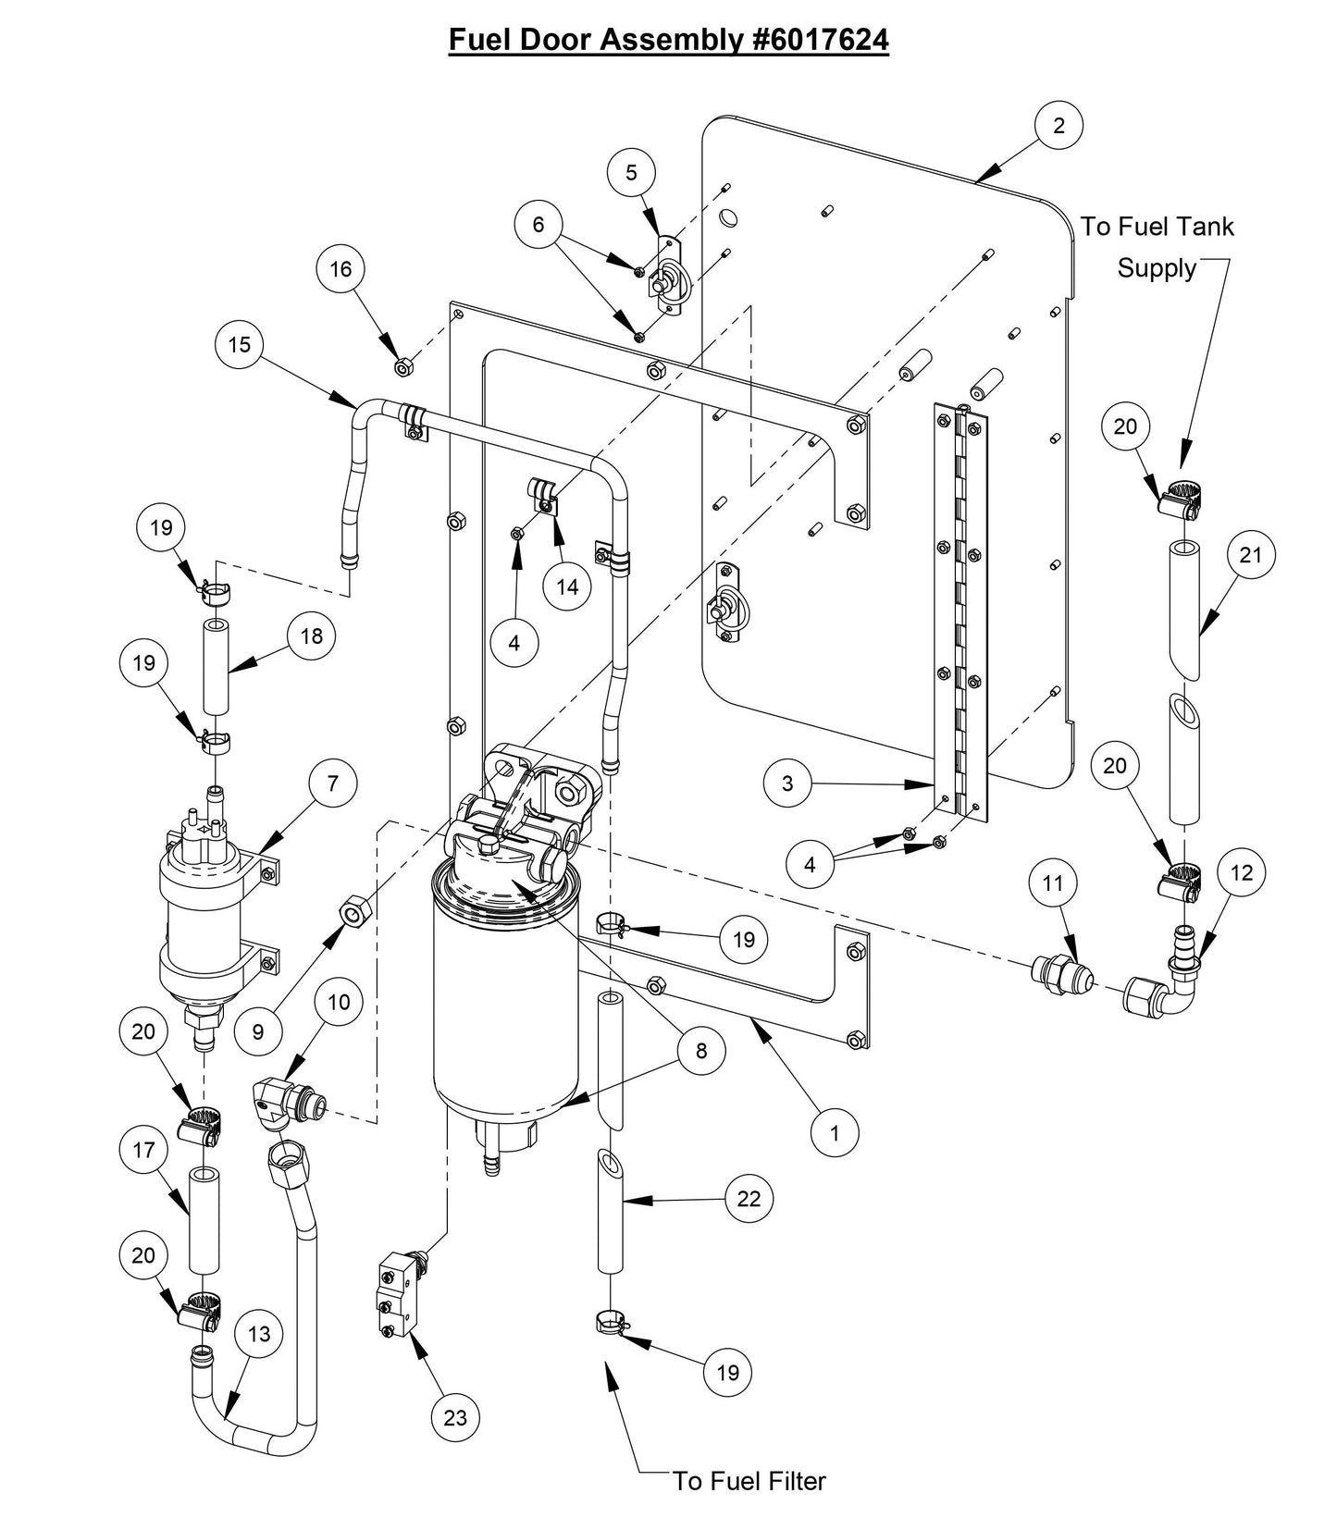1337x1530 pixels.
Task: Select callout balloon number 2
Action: (x=1058, y=125)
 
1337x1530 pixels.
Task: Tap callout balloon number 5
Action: (x=631, y=172)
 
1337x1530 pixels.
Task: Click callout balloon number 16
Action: (x=340, y=268)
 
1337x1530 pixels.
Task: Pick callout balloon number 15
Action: (x=239, y=344)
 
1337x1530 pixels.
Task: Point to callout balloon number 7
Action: (x=332, y=784)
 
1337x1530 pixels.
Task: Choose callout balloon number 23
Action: (x=455, y=1416)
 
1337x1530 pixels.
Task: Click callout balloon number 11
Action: (x=1053, y=883)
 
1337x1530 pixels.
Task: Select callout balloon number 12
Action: (x=1241, y=872)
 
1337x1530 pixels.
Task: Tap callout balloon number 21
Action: (x=1250, y=555)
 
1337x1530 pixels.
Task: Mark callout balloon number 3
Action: (x=787, y=784)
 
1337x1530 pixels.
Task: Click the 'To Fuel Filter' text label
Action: (x=749, y=1480)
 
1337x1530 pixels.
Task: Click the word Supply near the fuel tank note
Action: (x=1156, y=268)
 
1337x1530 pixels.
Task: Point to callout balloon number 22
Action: (x=748, y=1199)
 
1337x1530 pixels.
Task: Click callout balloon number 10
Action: (x=339, y=1003)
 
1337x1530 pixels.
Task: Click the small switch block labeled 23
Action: (x=396, y=1290)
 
